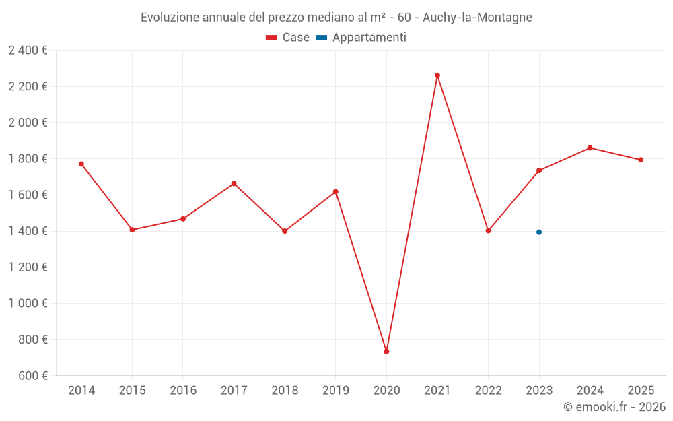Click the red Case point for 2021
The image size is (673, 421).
click(x=437, y=75)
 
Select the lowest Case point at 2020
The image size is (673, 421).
click(x=386, y=352)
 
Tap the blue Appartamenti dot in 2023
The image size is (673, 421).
click(x=539, y=232)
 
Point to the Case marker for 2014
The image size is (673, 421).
click(x=81, y=164)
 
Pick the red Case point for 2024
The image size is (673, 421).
click(x=590, y=148)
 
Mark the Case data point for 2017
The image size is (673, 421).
click(x=234, y=183)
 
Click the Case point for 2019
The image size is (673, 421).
click(x=336, y=192)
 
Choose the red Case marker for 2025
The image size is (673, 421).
click(x=641, y=160)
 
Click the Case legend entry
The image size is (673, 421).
click(x=287, y=38)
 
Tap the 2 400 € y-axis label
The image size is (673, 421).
click(x=28, y=51)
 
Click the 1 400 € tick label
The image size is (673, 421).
click(x=28, y=231)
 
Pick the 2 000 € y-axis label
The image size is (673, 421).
click(x=28, y=123)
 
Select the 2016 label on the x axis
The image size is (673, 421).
click(x=183, y=391)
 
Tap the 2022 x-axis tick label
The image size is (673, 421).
click(x=488, y=391)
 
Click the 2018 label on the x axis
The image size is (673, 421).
click(x=285, y=391)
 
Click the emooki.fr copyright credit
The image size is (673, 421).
click(x=614, y=407)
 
